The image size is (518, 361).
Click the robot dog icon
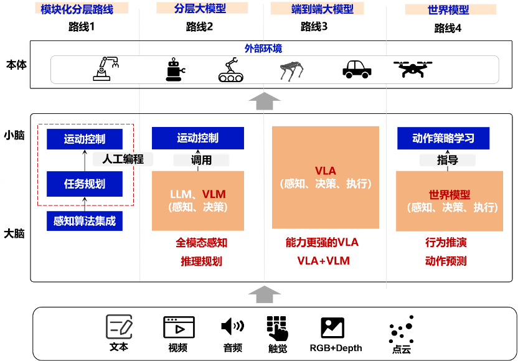tap(291, 71)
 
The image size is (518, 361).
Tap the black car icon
tap(357, 69)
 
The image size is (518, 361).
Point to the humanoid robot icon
tap(175, 70)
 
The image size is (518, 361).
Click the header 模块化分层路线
tap(77, 9)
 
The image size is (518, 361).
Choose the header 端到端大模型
tap(318, 9)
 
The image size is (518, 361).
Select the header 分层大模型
tap(201, 9)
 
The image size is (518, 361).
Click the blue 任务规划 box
tap(85, 184)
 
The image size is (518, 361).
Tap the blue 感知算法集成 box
tap(85, 221)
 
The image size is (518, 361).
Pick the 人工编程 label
tap(123, 159)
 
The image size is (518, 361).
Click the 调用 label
tap(201, 160)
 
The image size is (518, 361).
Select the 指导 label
tap(447, 160)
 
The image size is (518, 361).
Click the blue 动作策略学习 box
tap(443, 138)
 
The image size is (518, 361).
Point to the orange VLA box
tap(326, 177)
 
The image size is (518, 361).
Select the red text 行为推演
tap(446, 242)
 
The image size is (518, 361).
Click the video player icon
tap(179, 327)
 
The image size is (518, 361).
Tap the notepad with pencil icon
tap(119, 327)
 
